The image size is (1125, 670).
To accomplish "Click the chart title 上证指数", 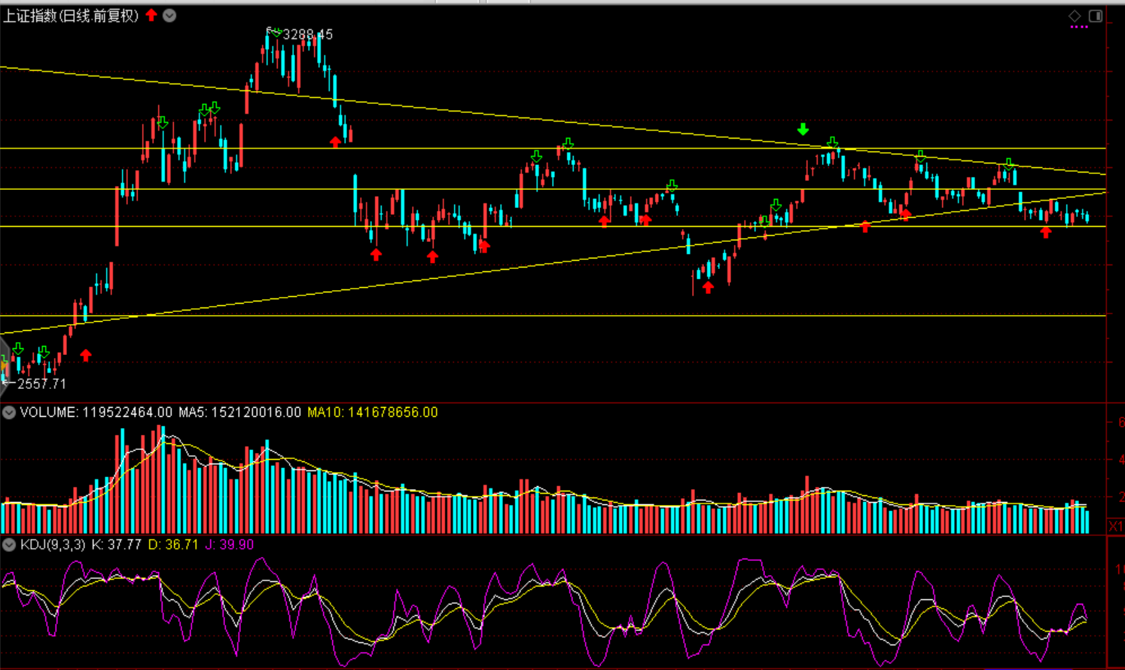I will tap(30, 16).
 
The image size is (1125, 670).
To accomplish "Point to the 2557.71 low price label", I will tap(41, 384).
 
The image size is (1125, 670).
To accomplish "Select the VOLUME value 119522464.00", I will tap(127, 412).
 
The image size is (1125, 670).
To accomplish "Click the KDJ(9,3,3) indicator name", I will tap(53, 544).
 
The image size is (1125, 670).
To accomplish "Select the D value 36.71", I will tap(183, 544).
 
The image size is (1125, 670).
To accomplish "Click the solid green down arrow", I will tap(803, 130).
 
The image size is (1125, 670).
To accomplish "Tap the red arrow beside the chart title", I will tap(151, 15).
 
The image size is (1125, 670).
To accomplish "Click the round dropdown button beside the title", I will tap(169, 15).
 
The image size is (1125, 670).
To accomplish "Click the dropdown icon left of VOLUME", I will tap(9, 412).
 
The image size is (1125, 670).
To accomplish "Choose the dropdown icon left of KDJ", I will tap(9, 544).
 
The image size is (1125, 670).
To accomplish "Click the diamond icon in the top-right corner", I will tap(1075, 16).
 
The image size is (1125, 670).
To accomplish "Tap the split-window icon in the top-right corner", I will tap(1096, 16).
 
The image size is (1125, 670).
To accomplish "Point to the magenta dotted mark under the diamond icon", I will tap(1079, 27).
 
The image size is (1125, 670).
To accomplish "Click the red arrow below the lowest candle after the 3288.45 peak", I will tap(708, 287).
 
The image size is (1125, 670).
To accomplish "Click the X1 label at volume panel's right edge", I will tap(1116, 525).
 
